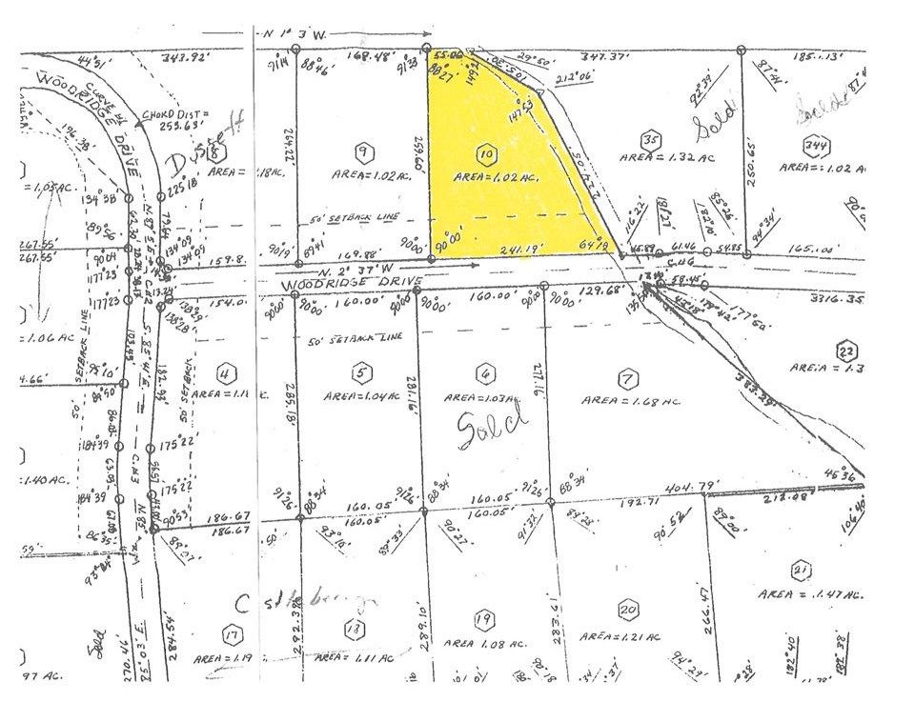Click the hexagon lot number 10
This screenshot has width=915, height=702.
pos(486,152)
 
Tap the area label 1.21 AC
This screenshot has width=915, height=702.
pos(618,634)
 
